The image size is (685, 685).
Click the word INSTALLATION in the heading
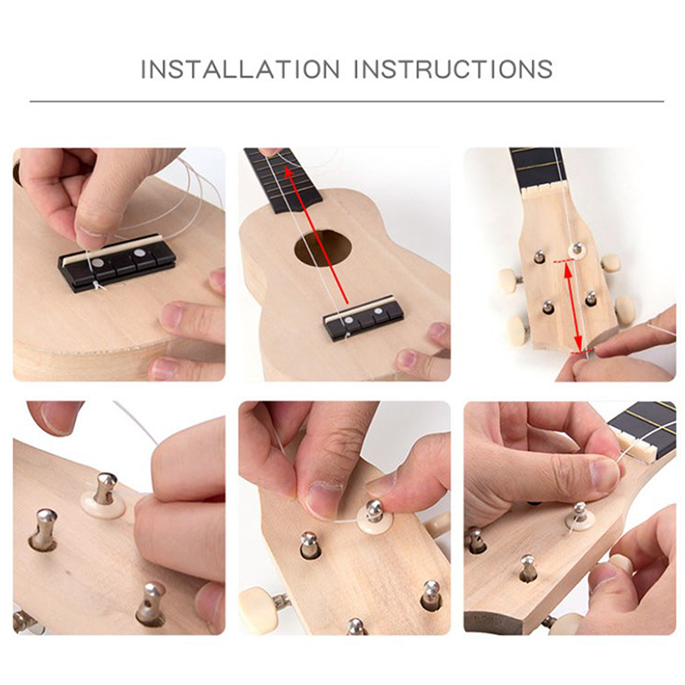pos(240,69)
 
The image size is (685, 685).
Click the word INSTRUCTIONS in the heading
pos(454,69)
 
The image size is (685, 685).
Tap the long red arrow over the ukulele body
pos(315,235)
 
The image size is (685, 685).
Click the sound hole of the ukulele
pos(324,248)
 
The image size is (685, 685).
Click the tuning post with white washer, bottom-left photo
pos(104,495)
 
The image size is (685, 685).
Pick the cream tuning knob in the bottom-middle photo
pos(255,610)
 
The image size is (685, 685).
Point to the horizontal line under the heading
pos(347,101)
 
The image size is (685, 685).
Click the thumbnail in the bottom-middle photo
pos(320,500)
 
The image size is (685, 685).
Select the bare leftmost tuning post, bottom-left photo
pos(44,529)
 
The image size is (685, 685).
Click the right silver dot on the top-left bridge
pos(140,253)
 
